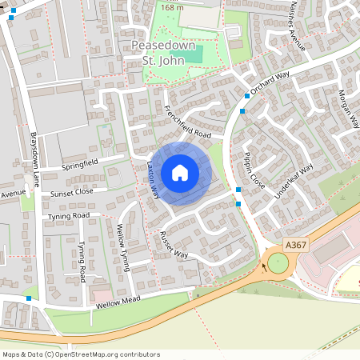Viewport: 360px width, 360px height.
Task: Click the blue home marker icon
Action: click(x=180, y=173)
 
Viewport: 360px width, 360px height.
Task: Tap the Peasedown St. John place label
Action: click(x=164, y=52)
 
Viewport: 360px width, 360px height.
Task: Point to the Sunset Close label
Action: click(x=72, y=192)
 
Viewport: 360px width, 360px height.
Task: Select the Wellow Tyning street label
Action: click(x=123, y=247)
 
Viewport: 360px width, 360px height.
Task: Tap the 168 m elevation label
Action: click(x=171, y=7)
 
